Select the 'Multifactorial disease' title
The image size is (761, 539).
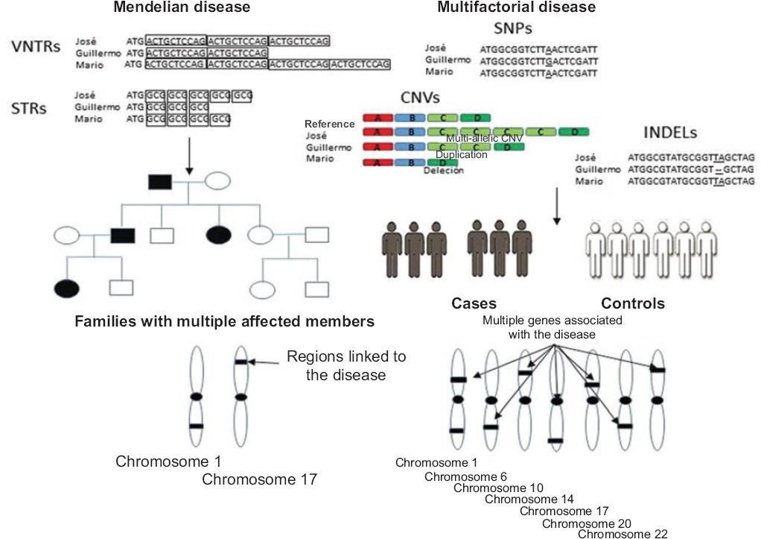(516, 7)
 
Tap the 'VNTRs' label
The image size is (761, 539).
(36, 47)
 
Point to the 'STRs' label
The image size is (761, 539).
(30, 108)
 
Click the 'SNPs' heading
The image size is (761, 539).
(515, 29)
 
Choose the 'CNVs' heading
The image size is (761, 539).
(418, 98)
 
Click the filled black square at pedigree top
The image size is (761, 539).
(159, 180)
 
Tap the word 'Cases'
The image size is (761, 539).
(474, 303)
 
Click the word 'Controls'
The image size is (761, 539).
(633, 303)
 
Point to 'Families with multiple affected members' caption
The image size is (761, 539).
(224, 322)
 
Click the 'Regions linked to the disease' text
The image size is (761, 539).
(346, 365)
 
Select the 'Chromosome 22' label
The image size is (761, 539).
(617, 533)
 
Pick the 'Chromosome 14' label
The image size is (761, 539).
(529, 499)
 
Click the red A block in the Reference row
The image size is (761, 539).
(376, 119)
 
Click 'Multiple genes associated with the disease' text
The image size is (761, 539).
(553, 327)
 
